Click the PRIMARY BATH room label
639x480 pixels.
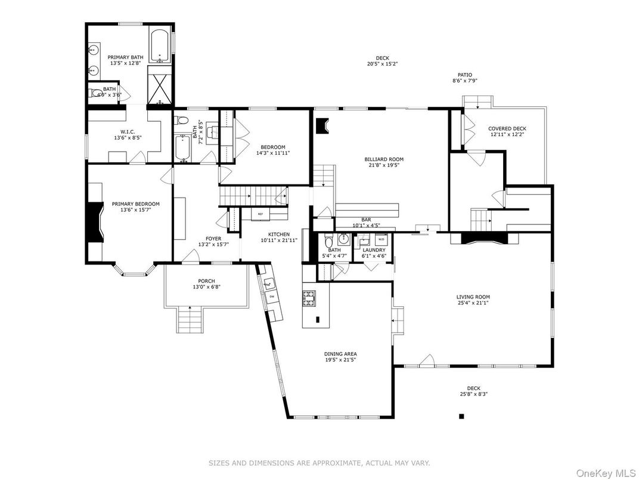[126, 58]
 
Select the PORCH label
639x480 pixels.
[206, 281]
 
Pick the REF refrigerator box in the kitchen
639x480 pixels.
[260, 213]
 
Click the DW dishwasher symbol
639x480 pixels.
[272, 296]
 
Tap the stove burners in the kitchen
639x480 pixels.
[309, 298]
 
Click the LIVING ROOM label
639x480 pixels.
[473, 297]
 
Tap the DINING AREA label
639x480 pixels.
[341, 354]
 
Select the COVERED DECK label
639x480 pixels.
[507, 128]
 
